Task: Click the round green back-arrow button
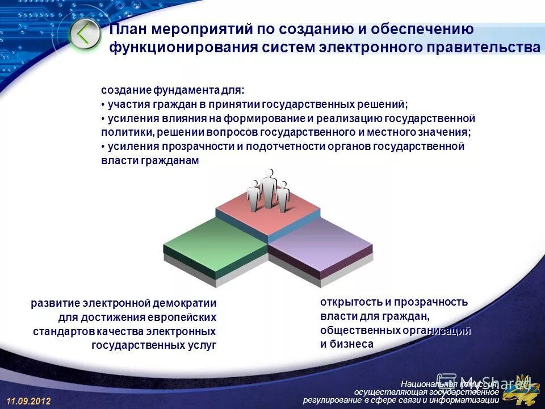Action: coord(85,35)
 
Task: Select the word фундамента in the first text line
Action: coord(191,91)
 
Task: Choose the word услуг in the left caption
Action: coord(202,345)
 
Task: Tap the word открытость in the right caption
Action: coord(346,302)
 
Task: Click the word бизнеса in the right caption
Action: coord(351,344)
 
